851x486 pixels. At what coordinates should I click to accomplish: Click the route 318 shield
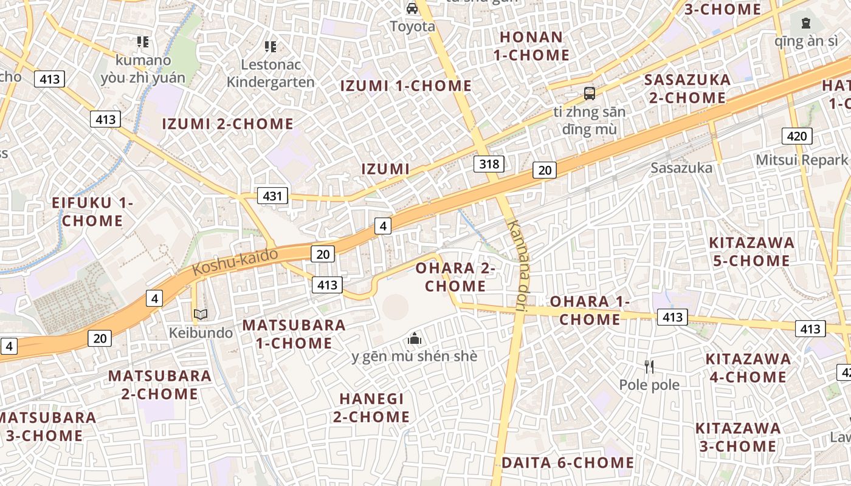point(489,163)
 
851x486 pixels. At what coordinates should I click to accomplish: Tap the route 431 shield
point(273,196)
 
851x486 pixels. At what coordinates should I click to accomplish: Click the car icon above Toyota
point(412,9)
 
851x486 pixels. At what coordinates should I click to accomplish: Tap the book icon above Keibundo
point(201,315)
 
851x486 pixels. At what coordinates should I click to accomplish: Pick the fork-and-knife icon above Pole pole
point(649,366)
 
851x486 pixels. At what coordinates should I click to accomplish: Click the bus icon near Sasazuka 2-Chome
point(589,93)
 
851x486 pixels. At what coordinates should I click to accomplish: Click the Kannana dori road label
point(519,265)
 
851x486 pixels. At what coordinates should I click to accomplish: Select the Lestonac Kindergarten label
point(270,74)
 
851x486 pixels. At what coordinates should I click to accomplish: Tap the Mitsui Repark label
point(801,160)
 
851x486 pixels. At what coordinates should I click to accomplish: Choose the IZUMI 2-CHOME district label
point(228,125)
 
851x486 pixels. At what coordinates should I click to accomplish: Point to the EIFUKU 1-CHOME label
point(92,212)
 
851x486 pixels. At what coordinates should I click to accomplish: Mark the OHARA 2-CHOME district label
point(455,277)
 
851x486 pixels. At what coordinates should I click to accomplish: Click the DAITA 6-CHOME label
point(568,463)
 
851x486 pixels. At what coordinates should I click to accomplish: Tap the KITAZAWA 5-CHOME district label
point(751,252)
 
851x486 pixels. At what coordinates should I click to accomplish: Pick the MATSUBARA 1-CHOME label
point(294,334)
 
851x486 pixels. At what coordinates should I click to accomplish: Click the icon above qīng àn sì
point(805,24)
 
